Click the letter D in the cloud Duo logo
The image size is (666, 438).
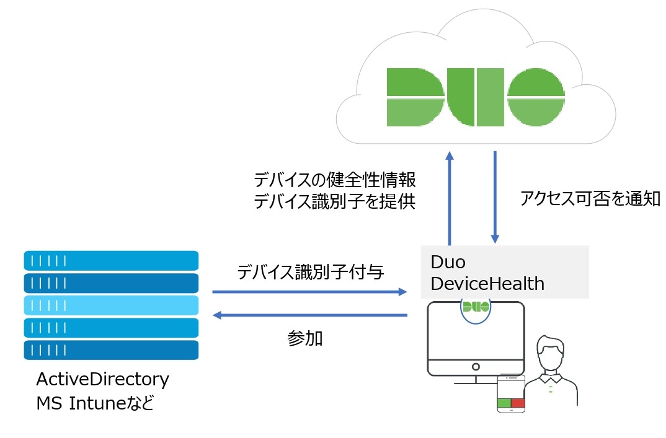[413, 97]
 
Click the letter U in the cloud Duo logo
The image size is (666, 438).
[476, 97]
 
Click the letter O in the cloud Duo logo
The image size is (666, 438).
[535, 97]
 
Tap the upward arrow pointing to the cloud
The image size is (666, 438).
[450, 198]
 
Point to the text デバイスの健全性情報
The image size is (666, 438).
[335, 180]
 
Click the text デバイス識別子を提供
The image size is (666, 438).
[335, 201]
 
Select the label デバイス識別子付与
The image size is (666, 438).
[310, 273]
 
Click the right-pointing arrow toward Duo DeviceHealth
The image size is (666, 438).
[309, 291]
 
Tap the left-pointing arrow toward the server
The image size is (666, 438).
[309, 315]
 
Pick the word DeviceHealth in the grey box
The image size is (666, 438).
[487, 284]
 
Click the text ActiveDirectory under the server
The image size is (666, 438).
[102, 379]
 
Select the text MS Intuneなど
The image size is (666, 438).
[94, 404]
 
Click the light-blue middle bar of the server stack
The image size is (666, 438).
[111, 305]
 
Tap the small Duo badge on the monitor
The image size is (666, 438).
[476, 306]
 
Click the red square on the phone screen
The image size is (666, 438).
[518, 403]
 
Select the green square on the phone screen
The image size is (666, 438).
[504, 403]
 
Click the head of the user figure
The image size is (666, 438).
[551, 354]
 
